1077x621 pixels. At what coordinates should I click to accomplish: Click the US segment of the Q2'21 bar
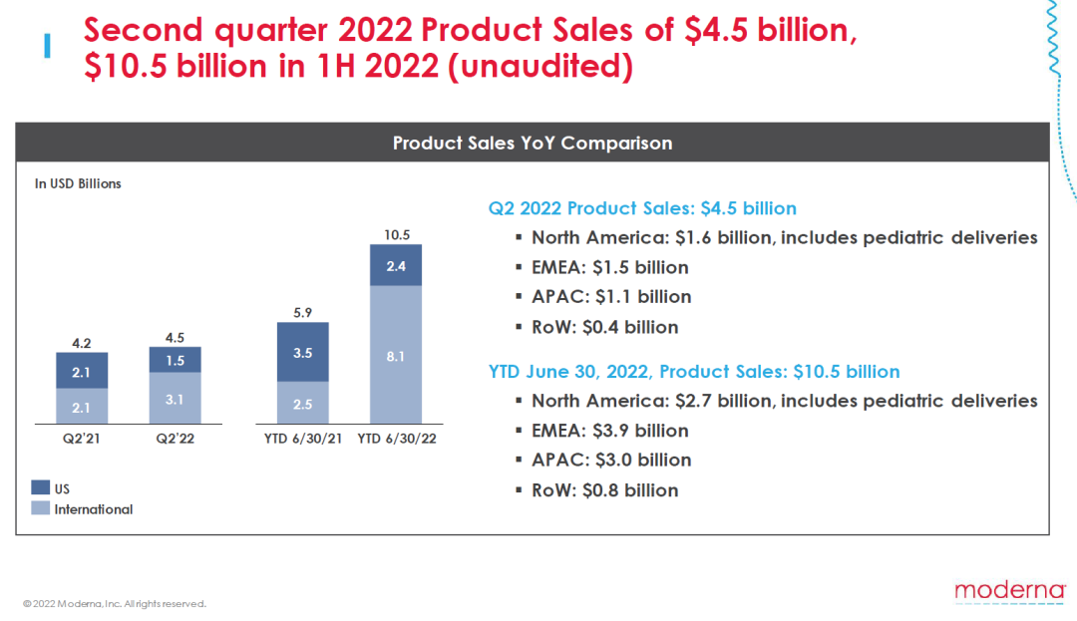[x=82, y=371]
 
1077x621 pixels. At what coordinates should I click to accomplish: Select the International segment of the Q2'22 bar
[x=175, y=399]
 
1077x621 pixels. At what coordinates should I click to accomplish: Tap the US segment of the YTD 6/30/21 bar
[x=303, y=352]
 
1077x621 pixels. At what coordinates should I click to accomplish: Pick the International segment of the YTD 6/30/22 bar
[x=395, y=353]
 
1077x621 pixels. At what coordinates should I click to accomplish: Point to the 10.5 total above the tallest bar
[x=396, y=235]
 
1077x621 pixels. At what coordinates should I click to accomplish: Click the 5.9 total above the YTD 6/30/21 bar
[x=303, y=312]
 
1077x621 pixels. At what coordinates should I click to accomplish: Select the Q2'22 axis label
[x=175, y=439]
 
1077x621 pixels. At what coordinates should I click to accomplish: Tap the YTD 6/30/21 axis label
[x=303, y=439]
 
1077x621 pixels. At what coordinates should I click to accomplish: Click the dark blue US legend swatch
[x=41, y=488]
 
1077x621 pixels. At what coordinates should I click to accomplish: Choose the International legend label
[x=93, y=509]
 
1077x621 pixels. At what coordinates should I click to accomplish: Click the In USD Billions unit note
[x=78, y=183]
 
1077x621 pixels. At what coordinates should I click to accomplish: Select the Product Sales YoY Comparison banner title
[x=533, y=143]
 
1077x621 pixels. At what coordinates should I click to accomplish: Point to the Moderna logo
[x=1009, y=590]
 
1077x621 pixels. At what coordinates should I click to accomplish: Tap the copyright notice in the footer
[x=115, y=604]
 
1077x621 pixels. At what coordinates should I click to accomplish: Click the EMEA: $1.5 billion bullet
[x=609, y=267]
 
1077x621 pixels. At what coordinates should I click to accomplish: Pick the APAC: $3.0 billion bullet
[x=611, y=460]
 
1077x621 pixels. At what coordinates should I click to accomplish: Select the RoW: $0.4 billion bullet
[x=604, y=327]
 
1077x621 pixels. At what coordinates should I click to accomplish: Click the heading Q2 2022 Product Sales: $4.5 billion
[x=642, y=208]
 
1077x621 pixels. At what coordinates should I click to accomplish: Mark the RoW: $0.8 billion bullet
[x=604, y=489]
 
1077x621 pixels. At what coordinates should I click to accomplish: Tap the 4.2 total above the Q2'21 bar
[x=82, y=342]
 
